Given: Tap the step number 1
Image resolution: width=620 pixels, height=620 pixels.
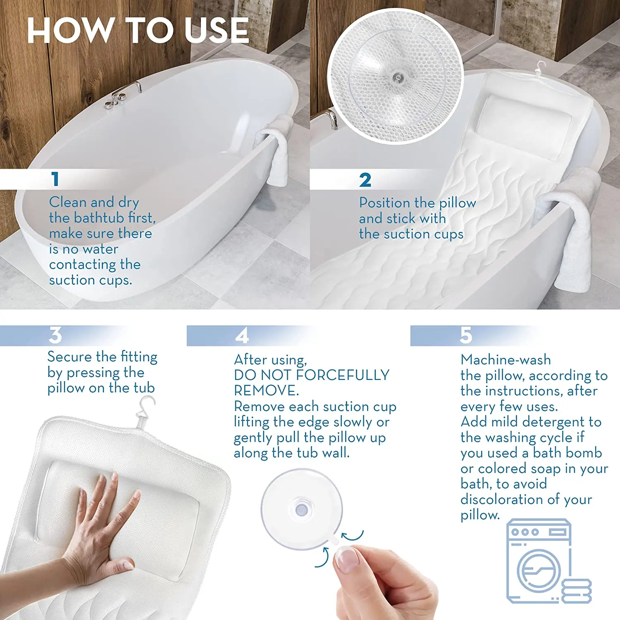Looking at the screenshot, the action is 55,179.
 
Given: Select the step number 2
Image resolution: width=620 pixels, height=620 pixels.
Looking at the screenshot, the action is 365,180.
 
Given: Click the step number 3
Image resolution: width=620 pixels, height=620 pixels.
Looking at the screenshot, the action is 55,335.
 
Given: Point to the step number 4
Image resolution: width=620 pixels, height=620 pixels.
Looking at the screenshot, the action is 242,335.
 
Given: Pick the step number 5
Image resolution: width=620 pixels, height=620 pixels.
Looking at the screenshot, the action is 466,335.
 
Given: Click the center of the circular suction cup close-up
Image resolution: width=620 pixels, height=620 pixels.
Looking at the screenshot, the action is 398,77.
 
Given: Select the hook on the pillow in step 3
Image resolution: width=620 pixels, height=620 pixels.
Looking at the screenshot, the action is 145,412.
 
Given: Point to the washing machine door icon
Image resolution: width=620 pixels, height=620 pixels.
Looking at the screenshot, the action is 539,570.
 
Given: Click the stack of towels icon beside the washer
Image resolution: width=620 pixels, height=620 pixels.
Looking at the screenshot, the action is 577,590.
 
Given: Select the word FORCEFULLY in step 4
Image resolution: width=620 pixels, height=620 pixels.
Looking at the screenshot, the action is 343,375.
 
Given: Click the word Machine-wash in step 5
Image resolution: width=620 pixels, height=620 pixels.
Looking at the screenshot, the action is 506,360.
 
